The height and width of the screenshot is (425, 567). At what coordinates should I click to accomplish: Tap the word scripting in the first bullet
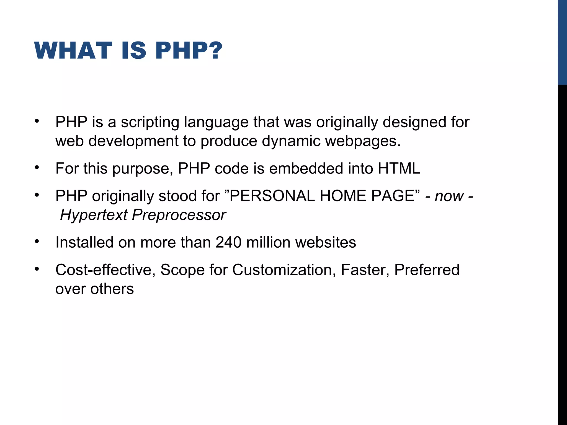click(x=150, y=122)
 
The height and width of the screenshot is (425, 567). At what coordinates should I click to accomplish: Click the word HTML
click(x=399, y=168)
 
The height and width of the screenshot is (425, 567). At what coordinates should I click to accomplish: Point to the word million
click(x=268, y=242)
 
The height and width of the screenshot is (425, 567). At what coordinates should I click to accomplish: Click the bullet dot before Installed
click(x=37, y=241)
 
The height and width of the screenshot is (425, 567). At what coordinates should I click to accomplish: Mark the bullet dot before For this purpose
click(x=37, y=167)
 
